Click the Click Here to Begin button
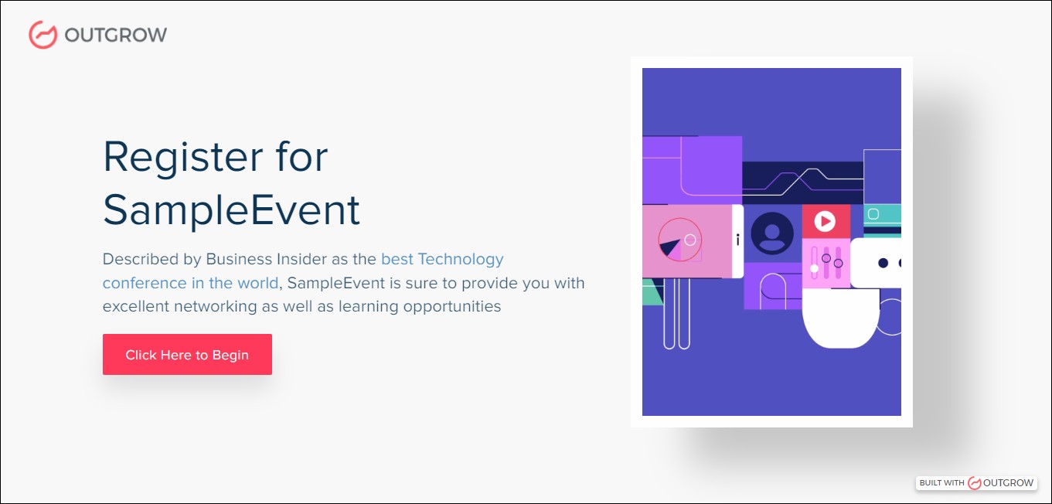click(187, 355)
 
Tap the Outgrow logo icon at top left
click(43, 34)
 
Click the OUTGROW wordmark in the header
click(116, 35)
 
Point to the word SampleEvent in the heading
click(231, 209)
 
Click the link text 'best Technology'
click(442, 259)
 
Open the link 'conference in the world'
click(190, 283)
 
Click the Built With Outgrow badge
click(976, 482)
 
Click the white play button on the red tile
click(825, 222)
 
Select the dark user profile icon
click(771, 233)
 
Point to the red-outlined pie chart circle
click(679, 240)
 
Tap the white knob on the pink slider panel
click(814, 269)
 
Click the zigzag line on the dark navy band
click(804, 179)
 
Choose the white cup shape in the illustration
click(840, 317)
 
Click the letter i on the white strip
click(737, 240)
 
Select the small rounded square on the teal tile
click(873, 213)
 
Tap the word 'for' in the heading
click(301, 157)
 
